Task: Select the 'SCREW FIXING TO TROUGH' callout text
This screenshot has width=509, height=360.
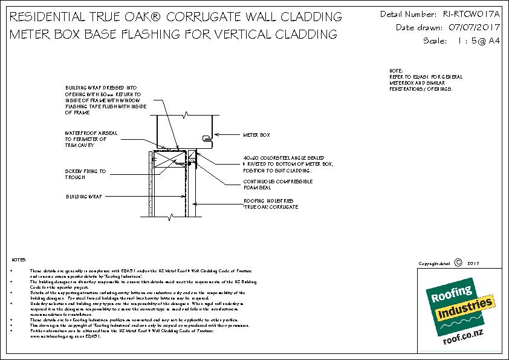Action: pos(85,174)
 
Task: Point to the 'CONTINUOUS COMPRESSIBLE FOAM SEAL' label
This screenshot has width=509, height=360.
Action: pos(277,184)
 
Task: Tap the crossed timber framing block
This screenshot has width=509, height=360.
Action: pos(167,160)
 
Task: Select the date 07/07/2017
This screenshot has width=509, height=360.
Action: pos(469,27)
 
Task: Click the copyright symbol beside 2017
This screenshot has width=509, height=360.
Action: pos(458,263)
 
